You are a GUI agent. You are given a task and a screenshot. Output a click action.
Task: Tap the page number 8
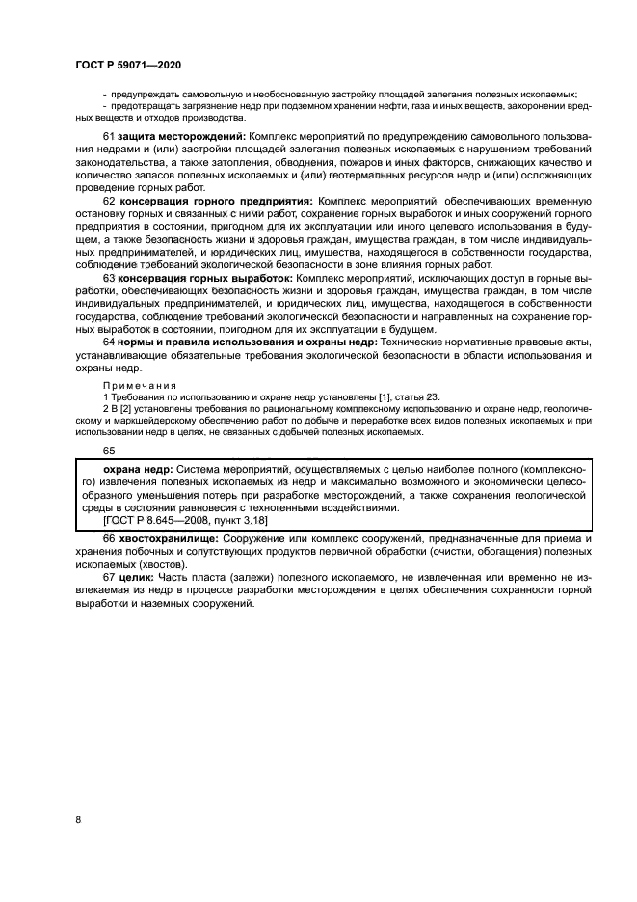(77, 819)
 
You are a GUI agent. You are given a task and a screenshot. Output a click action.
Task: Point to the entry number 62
(109, 201)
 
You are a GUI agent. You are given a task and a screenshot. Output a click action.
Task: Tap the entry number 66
(109, 537)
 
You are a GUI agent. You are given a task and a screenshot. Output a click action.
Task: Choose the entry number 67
(109, 576)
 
